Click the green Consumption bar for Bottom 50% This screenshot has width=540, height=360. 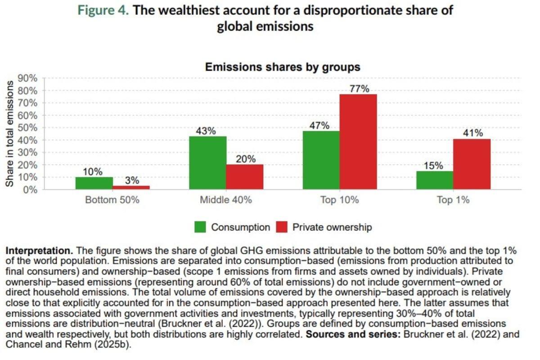(94, 183)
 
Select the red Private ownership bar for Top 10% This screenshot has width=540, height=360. (358, 142)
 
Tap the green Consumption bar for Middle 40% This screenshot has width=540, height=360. (207, 163)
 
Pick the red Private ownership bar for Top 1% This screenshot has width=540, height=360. (472, 164)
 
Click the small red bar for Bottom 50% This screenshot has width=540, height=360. (131, 187)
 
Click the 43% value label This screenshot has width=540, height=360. (206, 131)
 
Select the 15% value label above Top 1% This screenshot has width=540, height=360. (433, 166)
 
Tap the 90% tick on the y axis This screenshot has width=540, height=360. (27, 78)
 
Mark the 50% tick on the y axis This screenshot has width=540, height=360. (27, 128)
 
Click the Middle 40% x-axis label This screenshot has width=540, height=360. (226, 200)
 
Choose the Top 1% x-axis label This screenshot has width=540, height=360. (453, 200)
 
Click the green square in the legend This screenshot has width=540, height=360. (200, 227)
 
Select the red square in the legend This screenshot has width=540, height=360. (282, 227)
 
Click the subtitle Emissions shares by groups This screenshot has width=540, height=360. (283, 67)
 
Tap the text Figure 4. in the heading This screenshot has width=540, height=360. (103, 11)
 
